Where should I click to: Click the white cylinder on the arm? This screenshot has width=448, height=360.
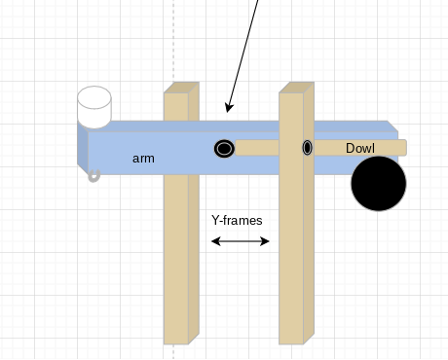click(x=94, y=109)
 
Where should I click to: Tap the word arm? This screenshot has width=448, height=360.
click(x=143, y=158)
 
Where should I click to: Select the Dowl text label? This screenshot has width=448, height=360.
click(x=360, y=148)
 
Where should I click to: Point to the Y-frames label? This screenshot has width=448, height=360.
click(x=237, y=220)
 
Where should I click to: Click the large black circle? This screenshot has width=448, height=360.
click(x=379, y=184)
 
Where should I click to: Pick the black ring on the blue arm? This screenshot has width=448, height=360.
click(x=224, y=148)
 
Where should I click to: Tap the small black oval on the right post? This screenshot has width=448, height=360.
click(x=307, y=148)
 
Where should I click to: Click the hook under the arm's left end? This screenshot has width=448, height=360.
click(x=93, y=176)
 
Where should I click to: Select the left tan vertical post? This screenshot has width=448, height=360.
click(x=176, y=253)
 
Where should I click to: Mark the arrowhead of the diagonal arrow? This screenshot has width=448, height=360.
click(x=229, y=107)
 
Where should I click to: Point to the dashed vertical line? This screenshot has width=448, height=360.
click(x=173, y=39)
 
